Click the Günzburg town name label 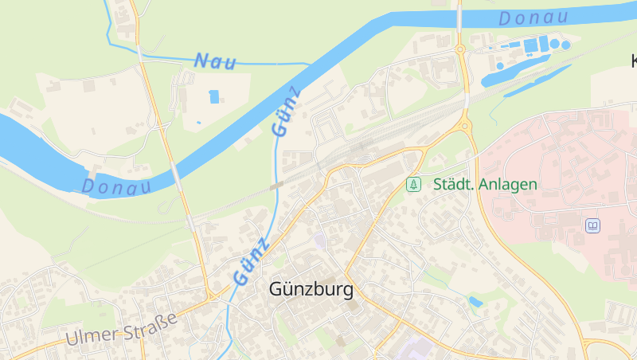tap(311, 288)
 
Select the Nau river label tap(215, 61)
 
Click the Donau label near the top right tap(533, 18)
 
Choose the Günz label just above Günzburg tap(252, 260)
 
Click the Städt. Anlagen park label tap(485, 185)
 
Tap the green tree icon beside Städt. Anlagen tap(413, 185)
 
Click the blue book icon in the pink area tap(592, 226)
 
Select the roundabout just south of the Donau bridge tap(460, 50)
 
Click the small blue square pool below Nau tap(213, 97)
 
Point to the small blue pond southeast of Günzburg tap(475, 302)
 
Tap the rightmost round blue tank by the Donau tap(566, 45)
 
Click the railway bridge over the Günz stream tap(277, 186)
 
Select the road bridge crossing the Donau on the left tap(177, 172)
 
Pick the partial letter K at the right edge tap(633, 61)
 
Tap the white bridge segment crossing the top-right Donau tap(460, 18)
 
